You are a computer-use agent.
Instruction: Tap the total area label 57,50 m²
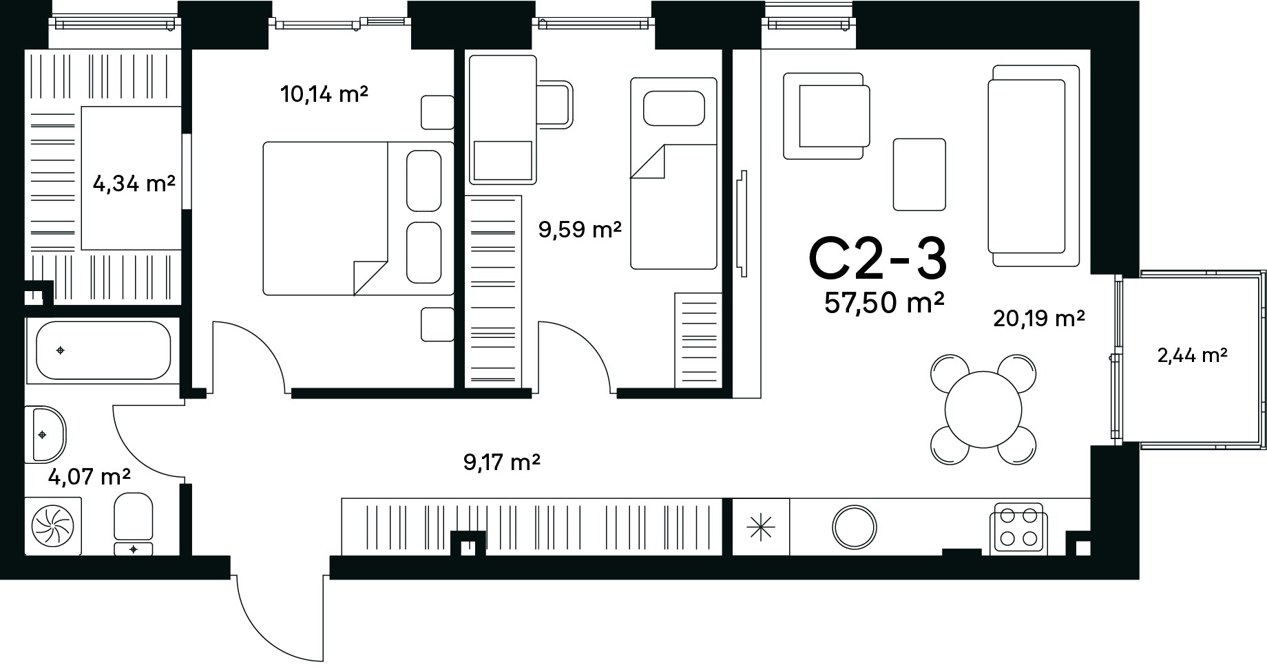884,303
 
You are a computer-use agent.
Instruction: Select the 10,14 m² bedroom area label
324,94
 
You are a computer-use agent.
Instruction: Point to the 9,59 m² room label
580,230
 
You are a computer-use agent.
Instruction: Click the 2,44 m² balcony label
1193,355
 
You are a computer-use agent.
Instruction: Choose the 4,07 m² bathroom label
90,476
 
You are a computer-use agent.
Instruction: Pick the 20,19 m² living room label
1039,318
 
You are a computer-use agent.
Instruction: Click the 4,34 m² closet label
134,184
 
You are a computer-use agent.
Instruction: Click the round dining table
983,410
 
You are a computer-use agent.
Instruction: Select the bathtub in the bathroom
103,351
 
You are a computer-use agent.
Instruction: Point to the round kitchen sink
855,527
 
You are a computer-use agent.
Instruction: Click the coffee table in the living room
919,174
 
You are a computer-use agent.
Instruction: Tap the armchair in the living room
826,116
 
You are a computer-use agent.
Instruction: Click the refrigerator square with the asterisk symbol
761,526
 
